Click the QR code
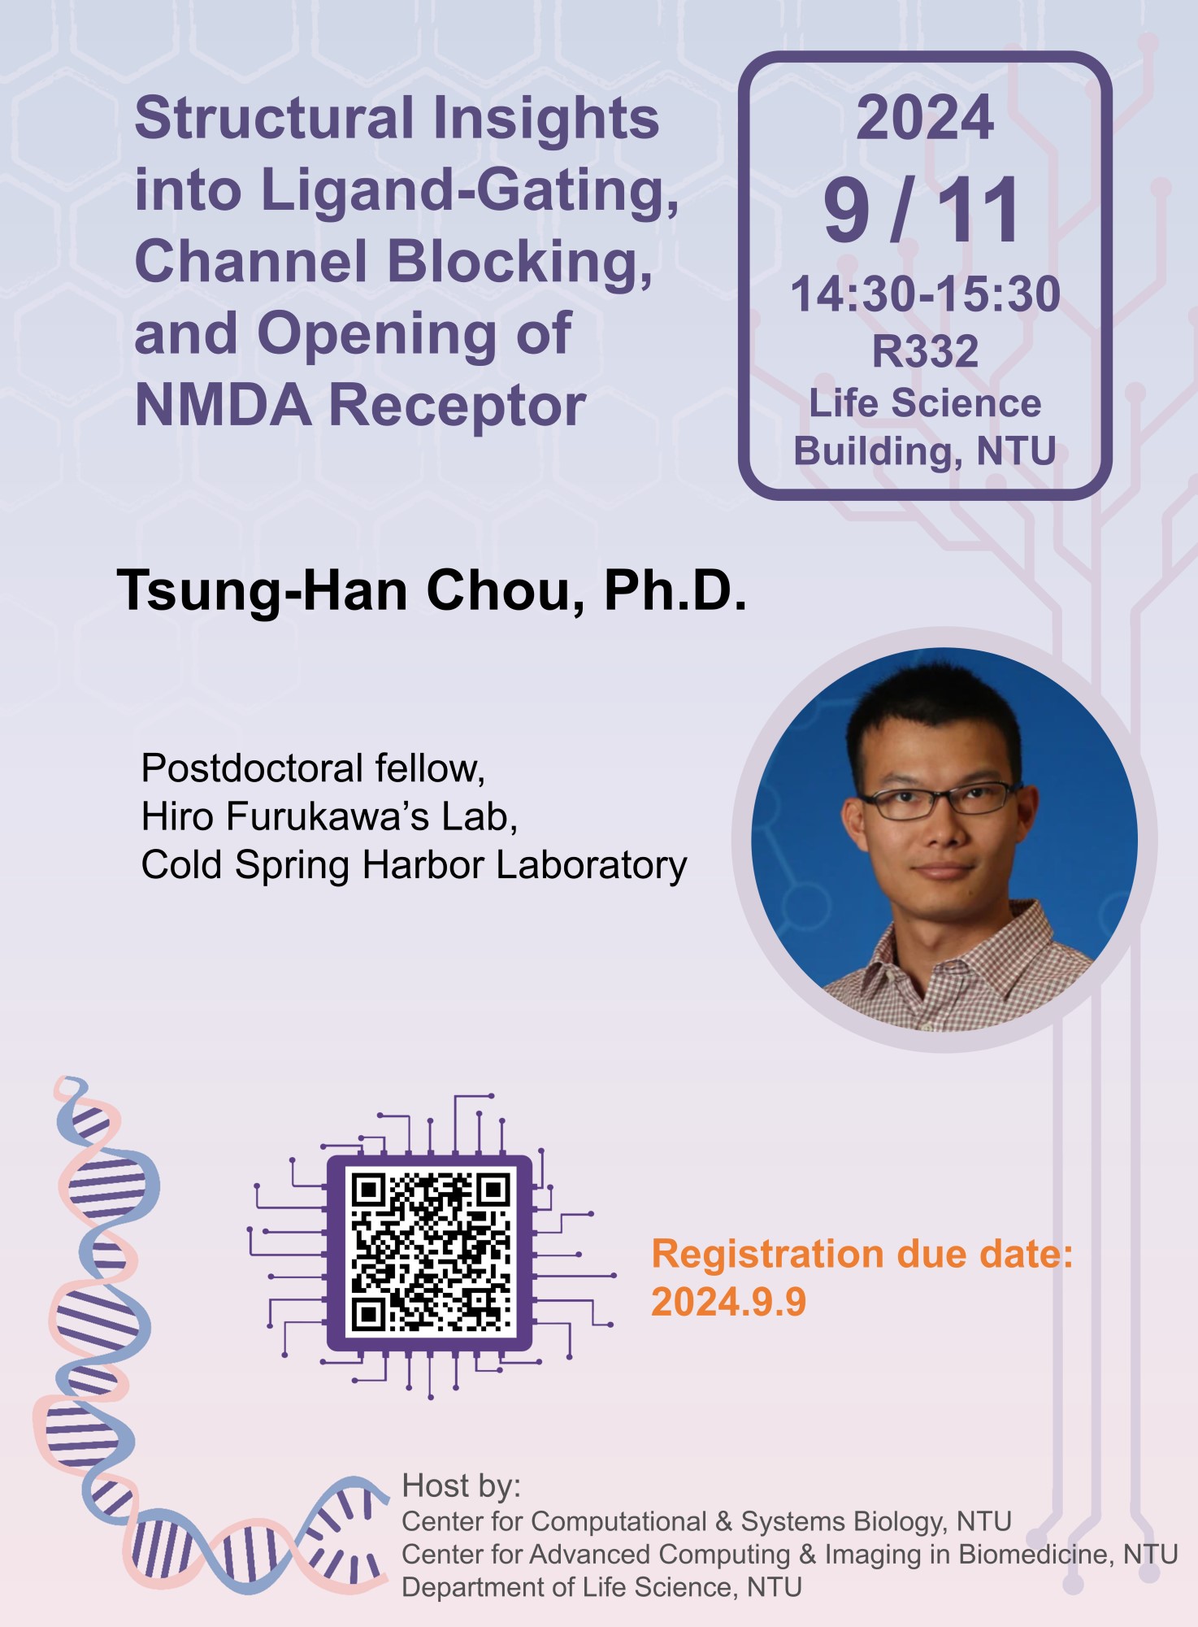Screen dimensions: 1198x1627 pos(430,1252)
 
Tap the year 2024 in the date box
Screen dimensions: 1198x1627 pos(924,118)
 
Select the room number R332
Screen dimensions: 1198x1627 pos(925,350)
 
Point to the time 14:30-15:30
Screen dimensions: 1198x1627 pos(925,294)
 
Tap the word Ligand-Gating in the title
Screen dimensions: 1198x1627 pos(469,193)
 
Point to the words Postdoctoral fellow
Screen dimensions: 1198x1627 pos(313,768)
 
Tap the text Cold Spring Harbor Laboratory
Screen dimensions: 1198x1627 pos(414,865)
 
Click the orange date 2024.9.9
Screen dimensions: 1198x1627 pos(728,1302)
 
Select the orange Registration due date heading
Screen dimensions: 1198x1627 pos(862,1254)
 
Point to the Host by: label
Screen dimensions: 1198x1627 pos(461,1486)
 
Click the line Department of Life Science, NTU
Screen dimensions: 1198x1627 pos(601,1586)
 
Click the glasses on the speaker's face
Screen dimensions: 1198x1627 pos(940,800)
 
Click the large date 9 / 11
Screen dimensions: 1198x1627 pos(922,210)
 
